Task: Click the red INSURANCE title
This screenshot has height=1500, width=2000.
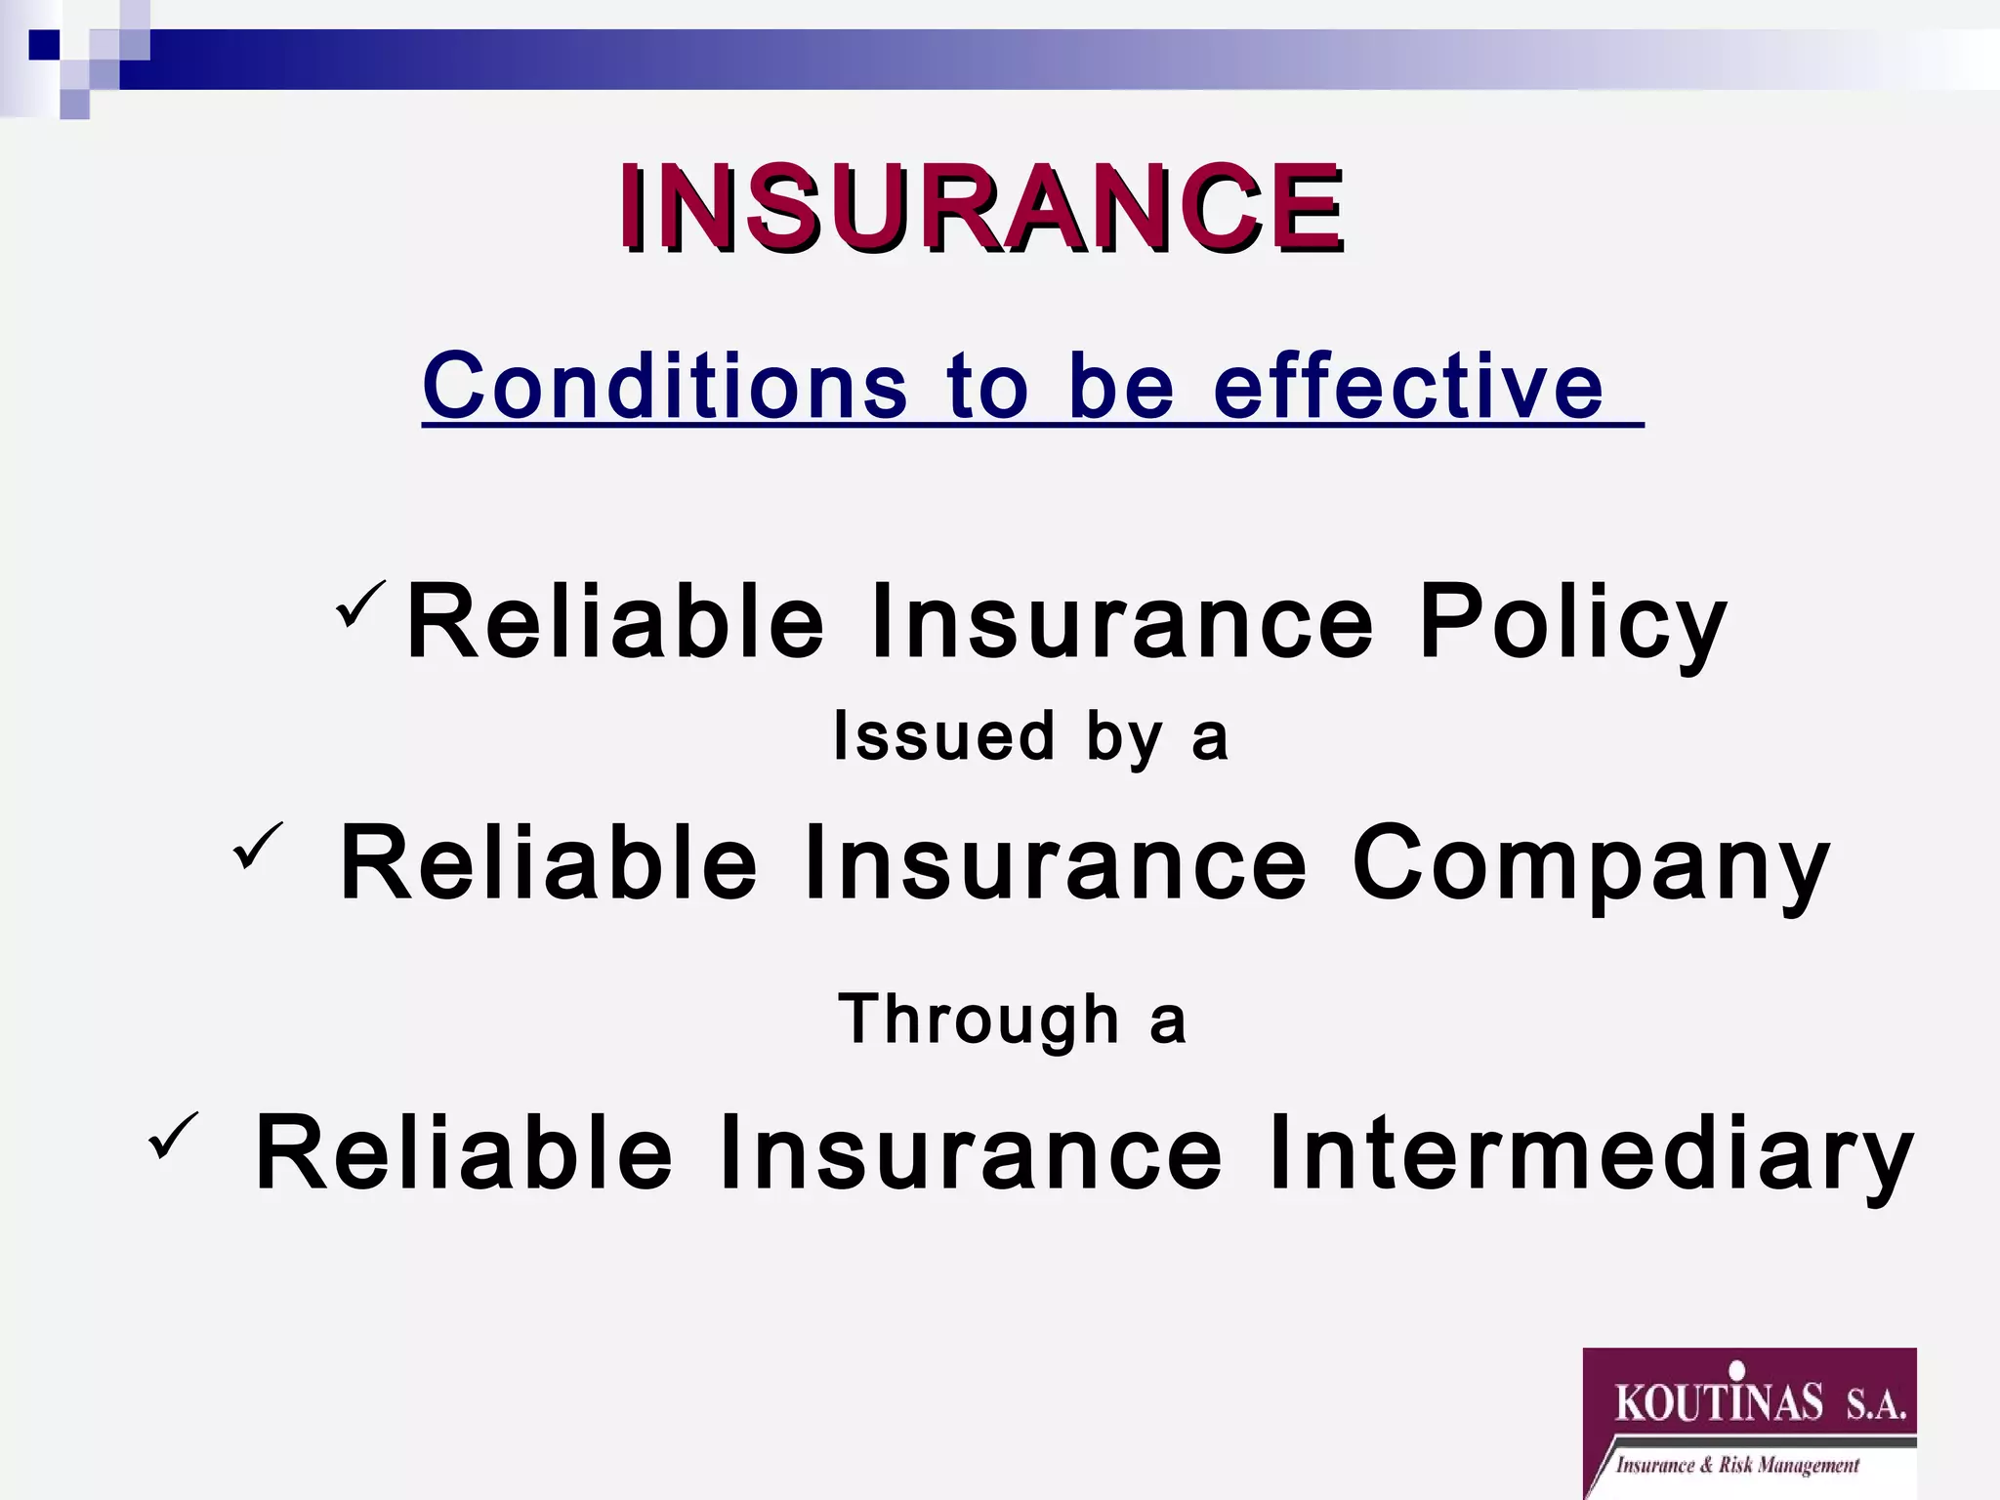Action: pyautogui.click(x=980, y=208)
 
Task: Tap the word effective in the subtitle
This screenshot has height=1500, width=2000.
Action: pyautogui.click(x=1407, y=386)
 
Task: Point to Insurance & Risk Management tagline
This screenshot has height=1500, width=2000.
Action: pyautogui.click(x=1737, y=1465)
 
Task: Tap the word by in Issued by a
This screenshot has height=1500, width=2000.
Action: pyautogui.click(x=1124, y=737)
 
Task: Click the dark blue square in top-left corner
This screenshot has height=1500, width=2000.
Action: pyautogui.click(x=45, y=45)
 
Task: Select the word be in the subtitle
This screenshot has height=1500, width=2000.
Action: pyautogui.click(x=1120, y=386)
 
